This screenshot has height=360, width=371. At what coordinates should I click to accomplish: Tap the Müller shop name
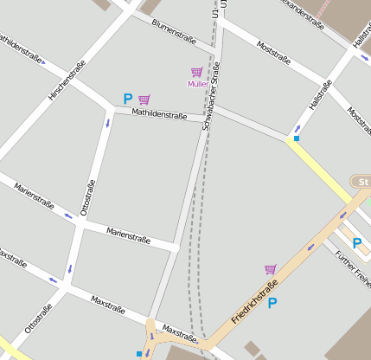197,84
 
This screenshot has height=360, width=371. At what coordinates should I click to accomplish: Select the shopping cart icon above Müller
196,72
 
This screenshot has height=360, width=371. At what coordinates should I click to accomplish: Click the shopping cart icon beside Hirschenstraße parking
144,100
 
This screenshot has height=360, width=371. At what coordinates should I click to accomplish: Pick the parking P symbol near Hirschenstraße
128,100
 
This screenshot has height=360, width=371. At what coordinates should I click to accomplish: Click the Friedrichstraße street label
255,302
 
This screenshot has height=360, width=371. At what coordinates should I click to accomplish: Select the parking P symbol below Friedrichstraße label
272,303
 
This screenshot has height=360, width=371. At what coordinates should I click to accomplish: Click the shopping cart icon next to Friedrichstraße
270,269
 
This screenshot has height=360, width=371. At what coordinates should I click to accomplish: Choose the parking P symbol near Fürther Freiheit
355,243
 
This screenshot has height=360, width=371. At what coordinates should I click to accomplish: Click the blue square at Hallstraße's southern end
297,138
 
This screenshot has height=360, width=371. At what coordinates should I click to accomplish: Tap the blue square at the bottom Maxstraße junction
139,354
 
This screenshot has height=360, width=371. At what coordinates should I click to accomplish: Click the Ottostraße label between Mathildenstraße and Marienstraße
86,196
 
